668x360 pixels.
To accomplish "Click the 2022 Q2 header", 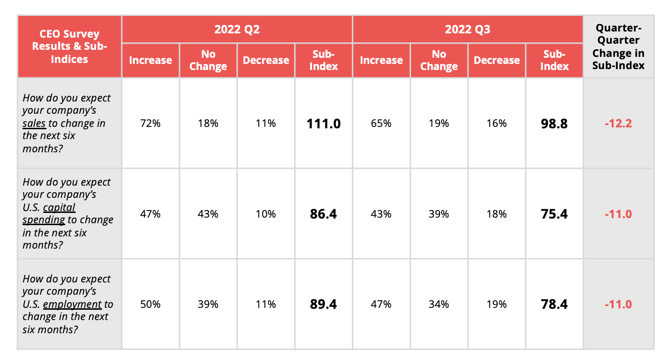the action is coord(237,29).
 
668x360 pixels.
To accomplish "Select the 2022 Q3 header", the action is coord(467,29).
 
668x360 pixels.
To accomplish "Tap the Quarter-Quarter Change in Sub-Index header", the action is coord(618,47).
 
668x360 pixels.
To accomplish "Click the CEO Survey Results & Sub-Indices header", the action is coord(70,47).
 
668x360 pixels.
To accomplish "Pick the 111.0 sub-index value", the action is coord(324,124).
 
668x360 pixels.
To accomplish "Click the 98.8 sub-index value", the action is coord(554,124).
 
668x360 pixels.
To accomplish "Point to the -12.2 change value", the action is coord(618,124).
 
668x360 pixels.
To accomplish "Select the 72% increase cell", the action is coord(150,123).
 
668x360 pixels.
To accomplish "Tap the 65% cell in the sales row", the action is coord(381,123).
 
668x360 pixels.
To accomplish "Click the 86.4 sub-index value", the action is coord(324,214).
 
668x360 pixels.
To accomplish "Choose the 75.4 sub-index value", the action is coord(554,214).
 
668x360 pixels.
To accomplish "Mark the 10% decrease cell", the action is coord(266,214).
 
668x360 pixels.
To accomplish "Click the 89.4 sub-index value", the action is coord(324,304).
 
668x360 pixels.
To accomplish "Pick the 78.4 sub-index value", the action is coord(554,304).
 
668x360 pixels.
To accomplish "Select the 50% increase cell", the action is coord(150,304).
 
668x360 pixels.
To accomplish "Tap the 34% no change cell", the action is coord(439,304).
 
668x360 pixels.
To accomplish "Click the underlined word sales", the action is coord(34,124).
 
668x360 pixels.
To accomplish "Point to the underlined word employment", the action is coord(72,305).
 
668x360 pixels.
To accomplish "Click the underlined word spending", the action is coord(44,220).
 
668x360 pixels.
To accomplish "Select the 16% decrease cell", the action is coord(497,123).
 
